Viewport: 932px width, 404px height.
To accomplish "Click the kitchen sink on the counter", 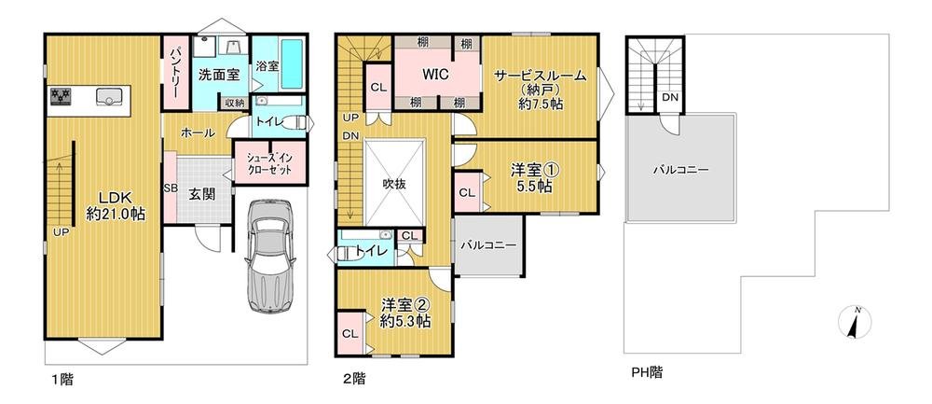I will click(x=104, y=95).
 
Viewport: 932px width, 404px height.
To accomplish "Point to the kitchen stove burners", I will click(x=62, y=95).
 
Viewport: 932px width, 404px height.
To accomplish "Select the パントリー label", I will click(x=173, y=70).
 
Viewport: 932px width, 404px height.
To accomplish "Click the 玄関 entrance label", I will click(x=202, y=194).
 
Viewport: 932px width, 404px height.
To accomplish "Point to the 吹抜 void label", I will click(x=395, y=184).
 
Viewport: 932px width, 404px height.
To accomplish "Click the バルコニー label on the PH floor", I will click(x=680, y=171).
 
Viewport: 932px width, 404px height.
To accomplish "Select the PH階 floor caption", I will click(x=646, y=371).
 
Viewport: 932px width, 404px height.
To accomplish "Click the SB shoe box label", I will click(x=170, y=188).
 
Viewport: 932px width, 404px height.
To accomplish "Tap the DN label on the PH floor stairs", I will click(x=669, y=97).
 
